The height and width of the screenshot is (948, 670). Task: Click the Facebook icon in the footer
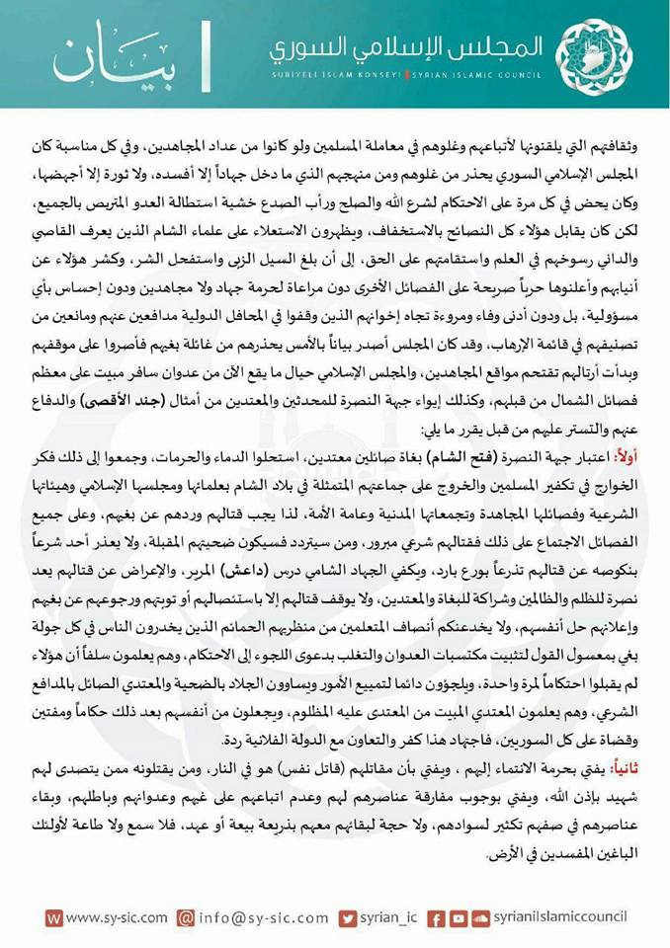point(436,917)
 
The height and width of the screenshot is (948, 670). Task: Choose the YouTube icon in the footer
point(459,917)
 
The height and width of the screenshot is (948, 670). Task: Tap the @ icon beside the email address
point(185,917)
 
